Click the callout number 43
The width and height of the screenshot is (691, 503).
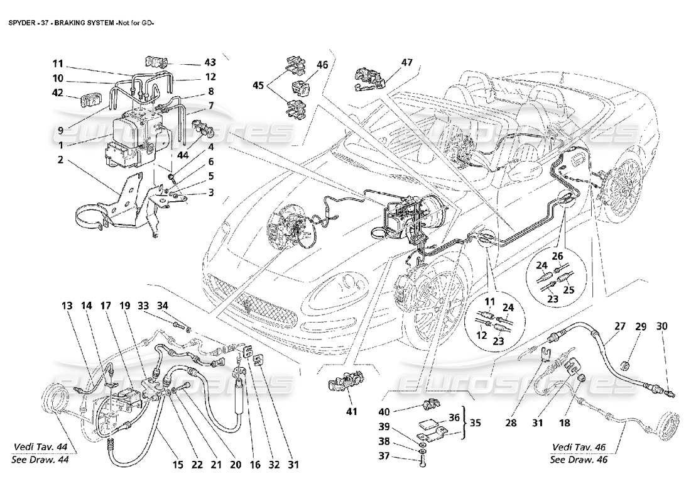(x=210, y=63)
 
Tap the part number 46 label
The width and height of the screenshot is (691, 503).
(x=322, y=65)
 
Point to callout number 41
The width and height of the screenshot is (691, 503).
(x=351, y=412)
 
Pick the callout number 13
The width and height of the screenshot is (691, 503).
(x=67, y=306)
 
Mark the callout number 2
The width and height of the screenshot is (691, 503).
(x=60, y=160)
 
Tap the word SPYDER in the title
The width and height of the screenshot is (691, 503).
(x=21, y=24)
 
